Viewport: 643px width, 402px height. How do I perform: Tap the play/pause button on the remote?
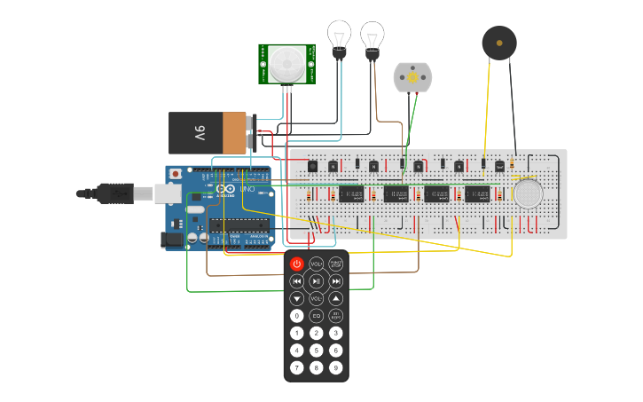coord(317,281)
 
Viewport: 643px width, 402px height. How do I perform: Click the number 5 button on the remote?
coord(317,351)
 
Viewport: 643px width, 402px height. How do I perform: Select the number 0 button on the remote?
coord(297,316)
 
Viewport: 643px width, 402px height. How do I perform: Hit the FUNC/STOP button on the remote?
coord(336,264)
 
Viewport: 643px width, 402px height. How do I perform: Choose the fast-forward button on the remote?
coord(336,281)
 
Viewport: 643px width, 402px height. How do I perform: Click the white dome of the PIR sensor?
coord(286,63)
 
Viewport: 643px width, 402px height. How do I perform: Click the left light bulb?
coord(339,37)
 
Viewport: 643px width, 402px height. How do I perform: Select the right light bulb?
coord(372,38)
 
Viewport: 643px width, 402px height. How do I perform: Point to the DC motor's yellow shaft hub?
coord(412,78)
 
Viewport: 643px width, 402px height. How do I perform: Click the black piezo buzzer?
coord(499,43)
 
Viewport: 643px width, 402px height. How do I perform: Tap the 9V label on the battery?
coord(200,133)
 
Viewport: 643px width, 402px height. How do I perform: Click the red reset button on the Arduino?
coord(176,173)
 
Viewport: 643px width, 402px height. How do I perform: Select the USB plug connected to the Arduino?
coord(115,193)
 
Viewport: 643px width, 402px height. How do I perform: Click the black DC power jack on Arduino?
coord(171,239)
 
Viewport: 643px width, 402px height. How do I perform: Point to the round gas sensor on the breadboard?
coord(528,193)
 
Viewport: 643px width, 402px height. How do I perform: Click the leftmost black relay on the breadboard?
coord(351,193)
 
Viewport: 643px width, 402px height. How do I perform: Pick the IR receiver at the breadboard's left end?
coord(312,166)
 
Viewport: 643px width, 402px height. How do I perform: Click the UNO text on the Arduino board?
coord(247,189)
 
